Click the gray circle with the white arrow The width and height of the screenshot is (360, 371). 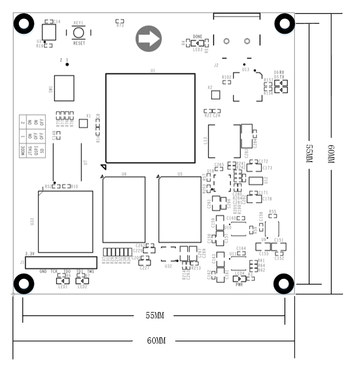[x=148, y=39]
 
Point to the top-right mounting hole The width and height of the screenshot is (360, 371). [x=284, y=23]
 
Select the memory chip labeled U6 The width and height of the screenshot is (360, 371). [x=124, y=210]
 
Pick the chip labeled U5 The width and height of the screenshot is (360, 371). [x=179, y=210]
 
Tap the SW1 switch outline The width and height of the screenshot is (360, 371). [x=64, y=89]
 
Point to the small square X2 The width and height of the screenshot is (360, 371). [x=216, y=94]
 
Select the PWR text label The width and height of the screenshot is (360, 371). [x=239, y=285]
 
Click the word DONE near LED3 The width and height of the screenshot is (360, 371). [x=198, y=37]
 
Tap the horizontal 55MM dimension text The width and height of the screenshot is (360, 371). [x=155, y=315]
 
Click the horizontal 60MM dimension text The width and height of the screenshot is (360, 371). [x=156, y=341]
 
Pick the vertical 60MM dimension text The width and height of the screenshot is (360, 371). [x=330, y=154]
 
